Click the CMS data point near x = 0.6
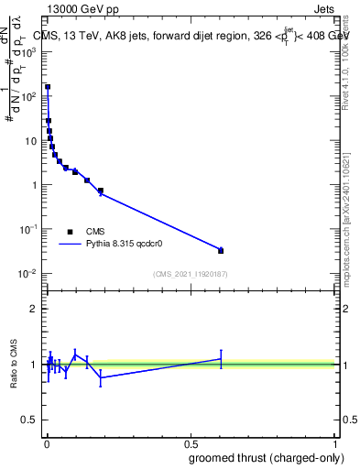[221, 250]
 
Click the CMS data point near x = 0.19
[101, 191]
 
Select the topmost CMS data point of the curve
[48, 88]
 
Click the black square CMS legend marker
[70, 232]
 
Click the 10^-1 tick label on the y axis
[28, 229]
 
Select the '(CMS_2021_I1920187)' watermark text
[190, 273]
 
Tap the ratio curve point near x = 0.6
[221, 359]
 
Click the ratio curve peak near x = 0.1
[75, 354]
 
